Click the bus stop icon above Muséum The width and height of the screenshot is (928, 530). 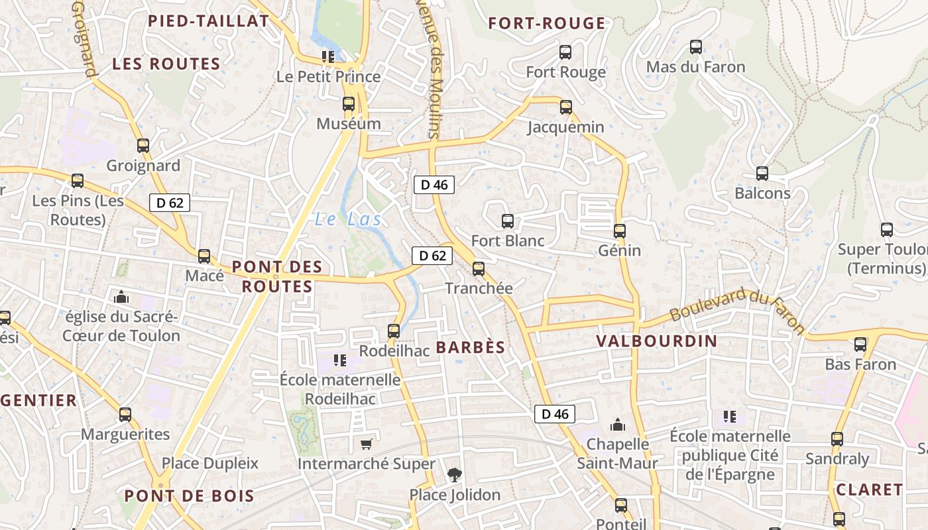(349, 104)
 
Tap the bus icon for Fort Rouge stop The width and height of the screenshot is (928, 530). (565, 52)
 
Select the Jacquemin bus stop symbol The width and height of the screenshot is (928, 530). (566, 107)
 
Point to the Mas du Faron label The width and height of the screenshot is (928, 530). (695, 67)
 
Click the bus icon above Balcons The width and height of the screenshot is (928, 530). (762, 174)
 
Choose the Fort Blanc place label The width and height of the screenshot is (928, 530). (507, 240)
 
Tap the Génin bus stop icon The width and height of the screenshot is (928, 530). (620, 231)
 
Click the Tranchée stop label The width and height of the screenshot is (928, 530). (479, 288)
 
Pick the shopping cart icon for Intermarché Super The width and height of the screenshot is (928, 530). (366, 444)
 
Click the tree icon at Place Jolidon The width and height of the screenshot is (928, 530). (455, 474)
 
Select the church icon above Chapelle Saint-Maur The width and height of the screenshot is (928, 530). (618, 424)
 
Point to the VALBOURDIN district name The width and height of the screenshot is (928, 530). (656, 341)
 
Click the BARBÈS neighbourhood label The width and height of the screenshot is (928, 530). (471, 347)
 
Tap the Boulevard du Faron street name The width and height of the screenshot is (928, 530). (737, 311)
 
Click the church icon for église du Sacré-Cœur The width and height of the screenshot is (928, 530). (121, 297)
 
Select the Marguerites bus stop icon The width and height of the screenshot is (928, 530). (125, 415)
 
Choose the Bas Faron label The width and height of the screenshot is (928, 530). (860, 364)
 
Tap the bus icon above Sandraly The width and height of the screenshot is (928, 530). (837, 439)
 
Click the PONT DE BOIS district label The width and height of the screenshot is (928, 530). (189, 496)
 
